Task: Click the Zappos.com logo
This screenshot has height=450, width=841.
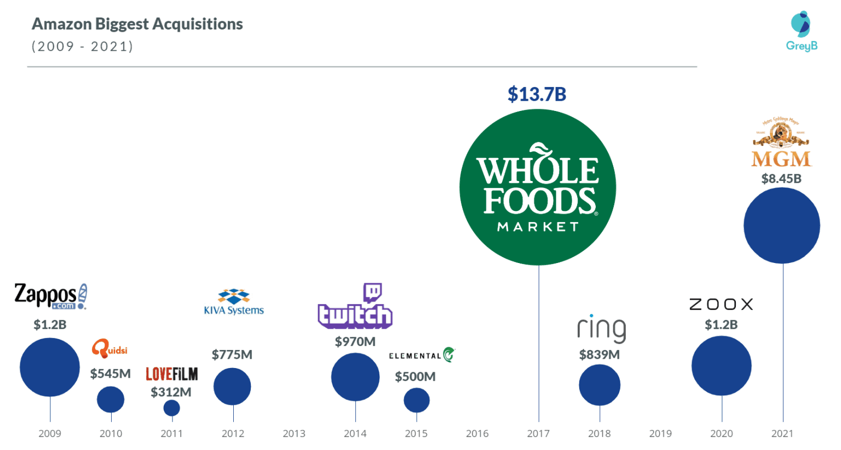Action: (x=50, y=296)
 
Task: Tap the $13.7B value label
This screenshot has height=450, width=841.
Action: (x=537, y=94)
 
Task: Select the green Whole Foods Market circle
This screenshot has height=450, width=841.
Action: (x=538, y=187)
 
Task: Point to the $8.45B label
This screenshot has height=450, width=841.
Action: (x=781, y=179)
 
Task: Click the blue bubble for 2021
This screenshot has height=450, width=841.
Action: (x=781, y=225)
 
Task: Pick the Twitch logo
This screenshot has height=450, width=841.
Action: (x=355, y=307)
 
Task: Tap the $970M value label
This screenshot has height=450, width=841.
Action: (x=355, y=342)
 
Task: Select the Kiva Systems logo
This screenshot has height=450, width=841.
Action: (x=234, y=302)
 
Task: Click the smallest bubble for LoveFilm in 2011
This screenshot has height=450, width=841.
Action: (x=171, y=408)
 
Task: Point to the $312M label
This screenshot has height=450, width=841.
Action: (x=171, y=392)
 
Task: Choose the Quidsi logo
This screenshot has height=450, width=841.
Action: (x=110, y=348)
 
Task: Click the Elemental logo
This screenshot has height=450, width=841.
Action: (x=422, y=355)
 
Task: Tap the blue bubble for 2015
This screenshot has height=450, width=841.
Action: (x=417, y=401)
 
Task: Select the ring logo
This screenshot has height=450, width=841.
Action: (x=601, y=329)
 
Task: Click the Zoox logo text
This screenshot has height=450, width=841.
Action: (x=721, y=305)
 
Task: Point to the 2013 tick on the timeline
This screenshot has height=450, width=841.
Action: (x=294, y=434)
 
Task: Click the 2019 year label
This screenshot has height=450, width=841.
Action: (x=660, y=434)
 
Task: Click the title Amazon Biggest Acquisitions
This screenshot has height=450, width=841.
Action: (x=137, y=24)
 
